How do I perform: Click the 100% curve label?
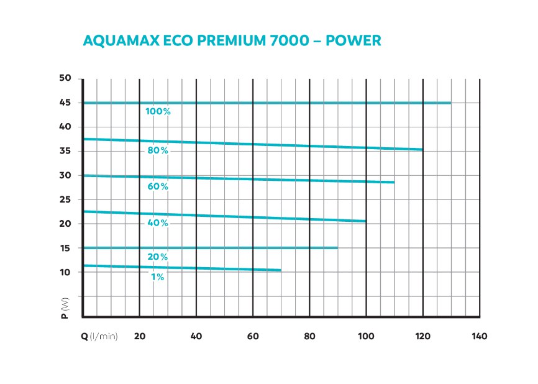158,112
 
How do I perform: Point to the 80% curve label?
158,151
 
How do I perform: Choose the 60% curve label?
158,186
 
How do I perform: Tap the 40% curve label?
158,223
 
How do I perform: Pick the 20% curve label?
158,257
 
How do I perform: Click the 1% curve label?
158,277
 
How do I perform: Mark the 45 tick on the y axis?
66,103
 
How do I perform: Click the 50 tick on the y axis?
66,78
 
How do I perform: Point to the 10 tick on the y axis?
66,272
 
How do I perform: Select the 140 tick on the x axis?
479,336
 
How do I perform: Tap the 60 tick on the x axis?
253,336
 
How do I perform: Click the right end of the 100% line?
450,103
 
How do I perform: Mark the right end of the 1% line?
281,270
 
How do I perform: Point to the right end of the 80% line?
422,150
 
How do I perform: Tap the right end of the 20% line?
337,248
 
